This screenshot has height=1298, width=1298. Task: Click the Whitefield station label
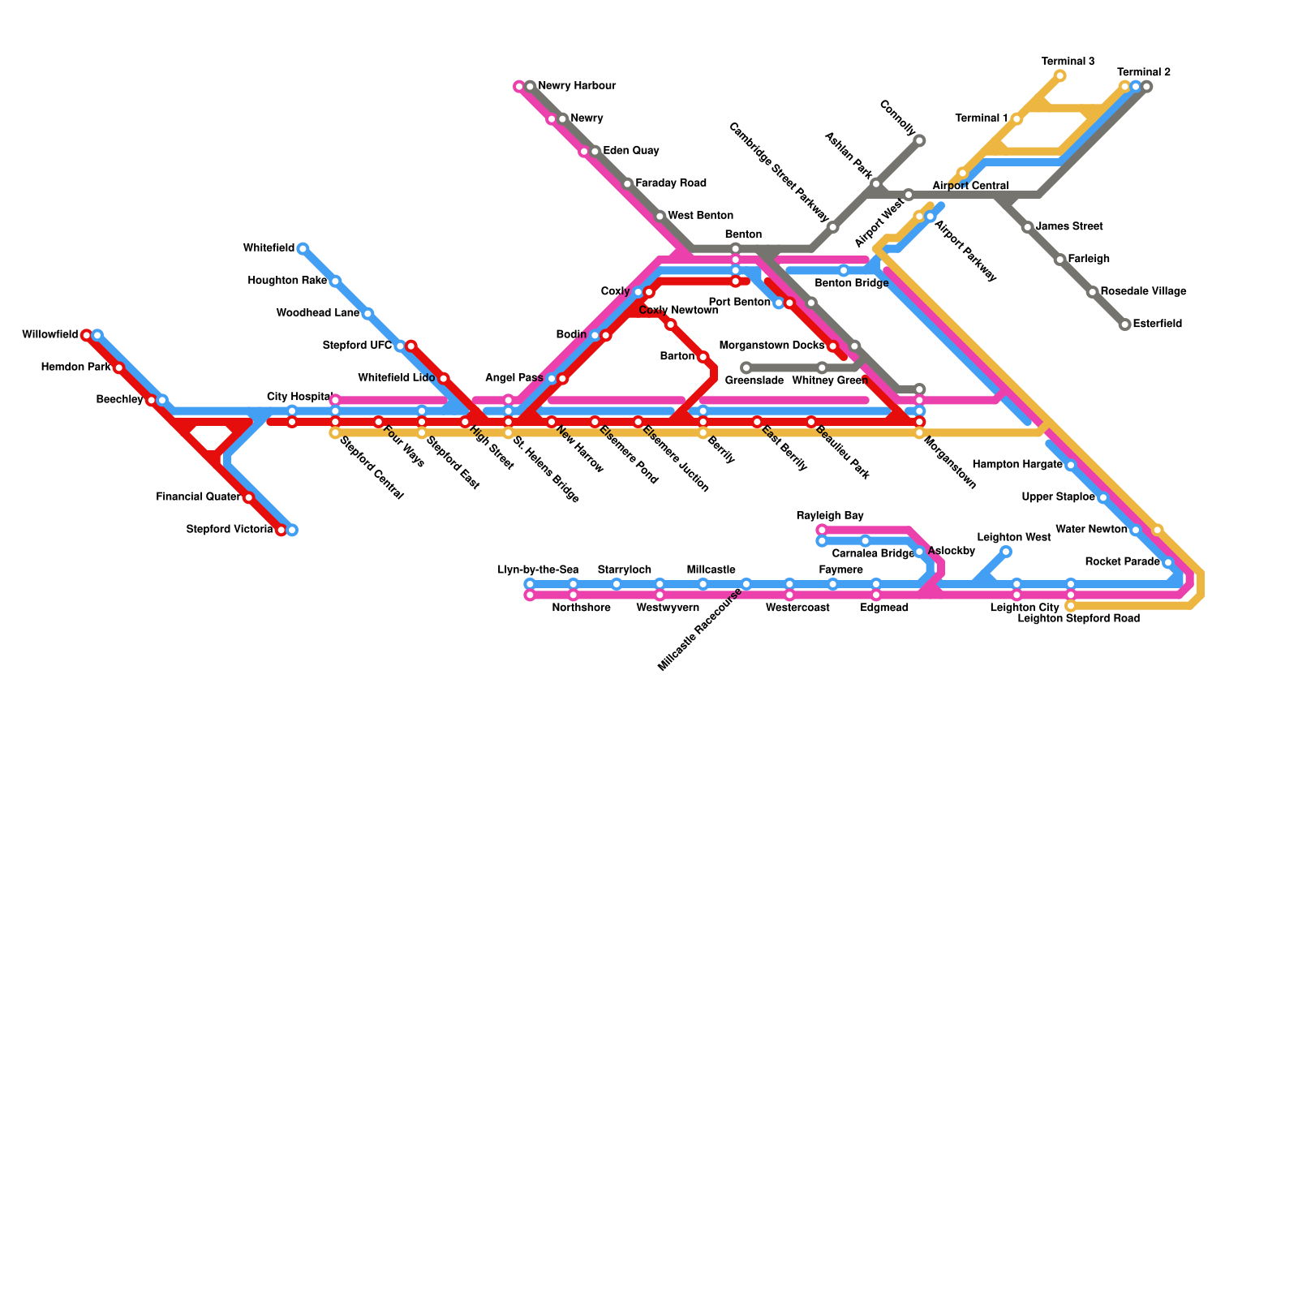point(269,248)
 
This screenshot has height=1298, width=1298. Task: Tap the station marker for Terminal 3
point(1059,76)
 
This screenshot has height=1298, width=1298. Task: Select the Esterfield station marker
point(1124,324)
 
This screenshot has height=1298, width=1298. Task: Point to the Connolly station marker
point(919,141)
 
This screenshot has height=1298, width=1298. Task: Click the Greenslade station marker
point(746,367)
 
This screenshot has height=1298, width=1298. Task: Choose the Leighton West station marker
point(1005,552)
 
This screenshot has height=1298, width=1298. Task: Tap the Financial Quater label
point(199,497)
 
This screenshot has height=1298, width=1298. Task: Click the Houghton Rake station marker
point(335,281)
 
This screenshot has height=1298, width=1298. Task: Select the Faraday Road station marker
point(627,184)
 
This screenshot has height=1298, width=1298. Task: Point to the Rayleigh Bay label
point(830,516)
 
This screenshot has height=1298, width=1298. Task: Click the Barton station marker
point(703,357)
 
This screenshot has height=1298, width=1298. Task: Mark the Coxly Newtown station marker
point(670,324)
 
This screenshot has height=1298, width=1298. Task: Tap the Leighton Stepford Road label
point(1078,618)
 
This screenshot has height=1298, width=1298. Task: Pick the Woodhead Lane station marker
point(367,313)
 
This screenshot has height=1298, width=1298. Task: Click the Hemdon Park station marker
point(118,367)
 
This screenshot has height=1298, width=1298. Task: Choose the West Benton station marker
point(660,217)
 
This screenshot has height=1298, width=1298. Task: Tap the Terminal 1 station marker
point(1016,119)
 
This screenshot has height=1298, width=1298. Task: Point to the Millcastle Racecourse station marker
point(746,584)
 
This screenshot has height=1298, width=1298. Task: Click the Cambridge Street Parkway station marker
point(832,227)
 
